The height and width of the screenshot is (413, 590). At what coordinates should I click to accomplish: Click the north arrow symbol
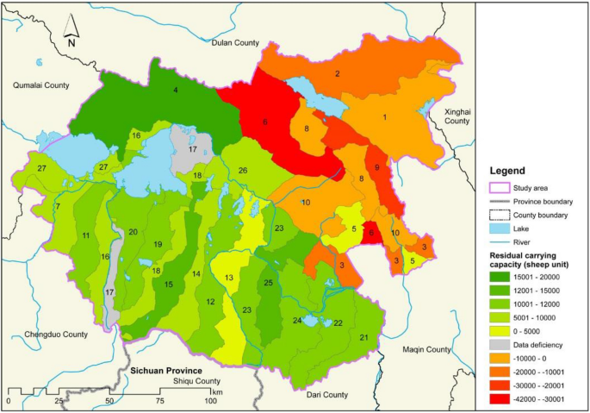[72, 32]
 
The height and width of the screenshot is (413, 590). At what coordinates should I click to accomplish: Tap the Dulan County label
[234, 42]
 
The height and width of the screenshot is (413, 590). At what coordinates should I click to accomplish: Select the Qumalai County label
[40, 84]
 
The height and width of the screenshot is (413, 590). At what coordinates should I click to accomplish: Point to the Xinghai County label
[456, 116]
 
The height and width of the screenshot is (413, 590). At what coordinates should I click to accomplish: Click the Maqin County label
[426, 349]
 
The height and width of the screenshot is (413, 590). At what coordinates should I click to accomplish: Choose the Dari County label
[327, 394]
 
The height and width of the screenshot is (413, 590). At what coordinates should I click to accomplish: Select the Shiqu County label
[196, 380]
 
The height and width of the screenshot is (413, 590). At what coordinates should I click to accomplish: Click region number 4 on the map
[176, 91]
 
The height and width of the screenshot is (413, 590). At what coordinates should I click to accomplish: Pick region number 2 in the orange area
[338, 74]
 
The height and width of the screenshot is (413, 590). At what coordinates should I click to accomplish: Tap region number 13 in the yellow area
[228, 278]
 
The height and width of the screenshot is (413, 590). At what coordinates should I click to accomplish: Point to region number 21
[363, 337]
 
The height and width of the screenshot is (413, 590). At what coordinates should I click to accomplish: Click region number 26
[243, 171]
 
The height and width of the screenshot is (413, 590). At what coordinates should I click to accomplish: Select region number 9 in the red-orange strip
[376, 167]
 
